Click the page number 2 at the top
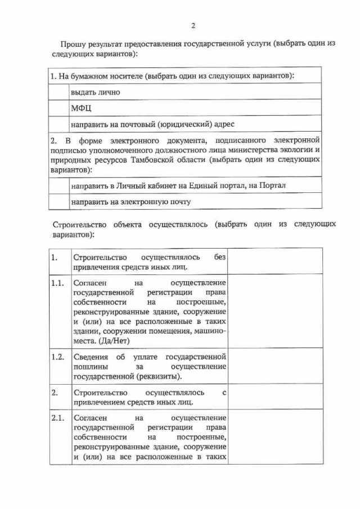tap(193, 26)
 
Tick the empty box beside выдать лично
tap(58, 91)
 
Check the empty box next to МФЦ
tap(58, 107)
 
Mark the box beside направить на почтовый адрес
tap(58, 123)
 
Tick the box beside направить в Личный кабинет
tap(58, 185)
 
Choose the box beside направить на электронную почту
tap(58, 201)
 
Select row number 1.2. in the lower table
tap(57, 357)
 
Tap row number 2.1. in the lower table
tap(57, 418)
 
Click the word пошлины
tap(90, 367)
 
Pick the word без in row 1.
tap(220, 257)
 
